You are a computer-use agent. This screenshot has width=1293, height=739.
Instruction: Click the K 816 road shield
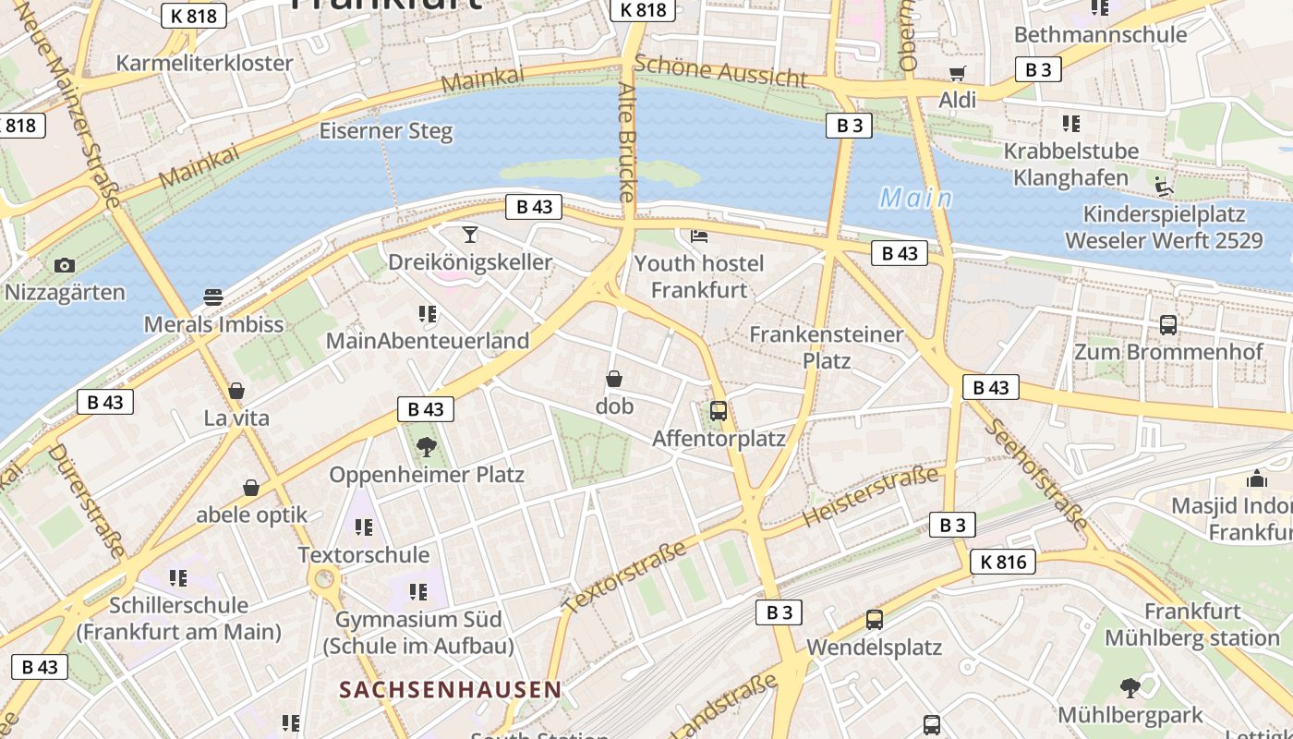click(x=1003, y=562)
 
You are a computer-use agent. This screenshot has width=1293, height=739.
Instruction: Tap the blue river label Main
click(x=915, y=199)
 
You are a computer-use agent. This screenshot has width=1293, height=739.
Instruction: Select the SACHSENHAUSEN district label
click(x=450, y=689)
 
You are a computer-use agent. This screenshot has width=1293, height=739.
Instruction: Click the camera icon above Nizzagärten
click(x=64, y=266)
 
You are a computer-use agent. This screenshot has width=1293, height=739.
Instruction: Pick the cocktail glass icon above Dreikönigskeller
click(x=470, y=234)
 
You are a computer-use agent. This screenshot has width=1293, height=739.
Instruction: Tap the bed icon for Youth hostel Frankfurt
click(x=699, y=236)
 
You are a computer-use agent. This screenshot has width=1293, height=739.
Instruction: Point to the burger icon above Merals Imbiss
click(x=213, y=297)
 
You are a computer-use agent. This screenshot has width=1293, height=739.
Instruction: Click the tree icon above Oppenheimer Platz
click(x=427, y=448)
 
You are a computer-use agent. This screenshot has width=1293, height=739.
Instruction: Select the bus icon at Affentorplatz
click(x=719, y=411)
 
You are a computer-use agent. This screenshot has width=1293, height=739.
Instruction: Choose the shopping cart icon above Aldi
click(x=957, y=73)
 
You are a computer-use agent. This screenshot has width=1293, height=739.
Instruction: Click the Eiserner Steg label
click(x=386, y=131)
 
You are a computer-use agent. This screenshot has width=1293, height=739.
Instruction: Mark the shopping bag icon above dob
click(x=614, y=379)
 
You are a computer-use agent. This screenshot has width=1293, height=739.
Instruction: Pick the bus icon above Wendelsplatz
click(x=874, y=620)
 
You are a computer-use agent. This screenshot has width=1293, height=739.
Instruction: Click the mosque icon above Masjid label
click(x=1256, y=479)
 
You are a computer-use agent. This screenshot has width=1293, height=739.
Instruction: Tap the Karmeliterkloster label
click(x=204, y=64)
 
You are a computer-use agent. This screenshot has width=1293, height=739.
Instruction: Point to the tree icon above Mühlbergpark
click(x=1130, y=687)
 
